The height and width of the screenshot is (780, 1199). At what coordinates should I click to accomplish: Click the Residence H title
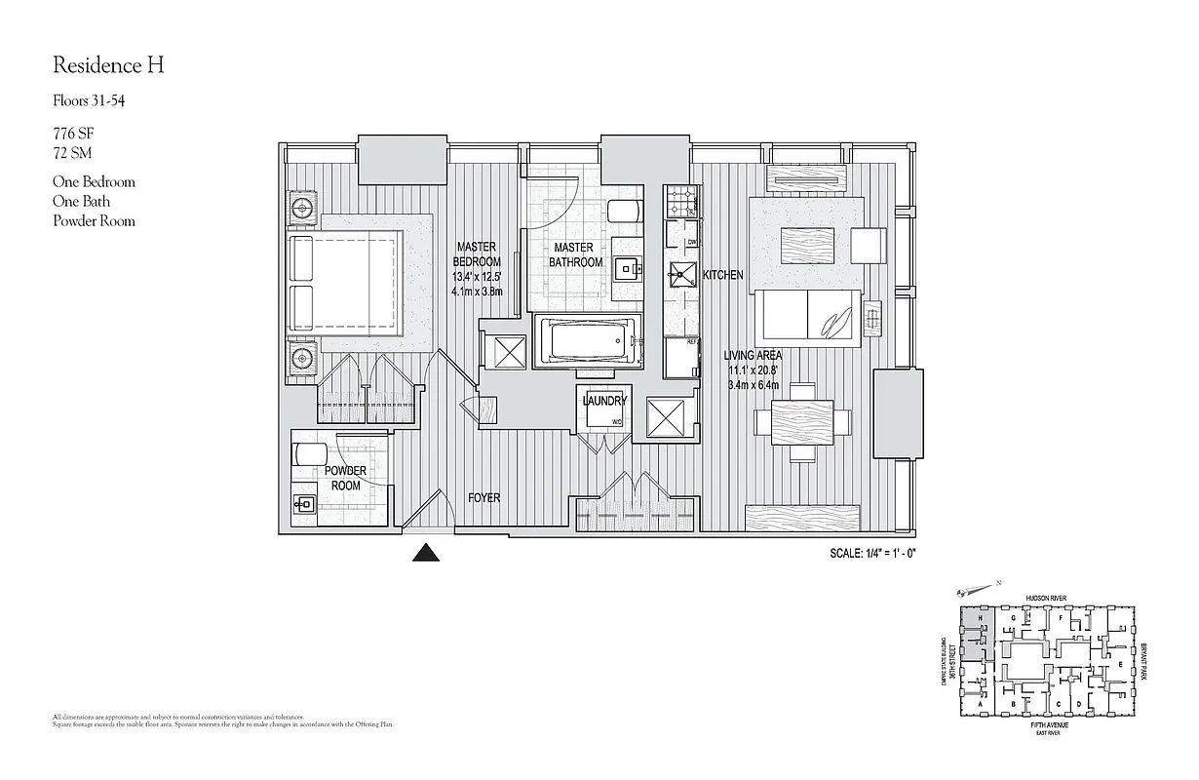click(x=108, y=66)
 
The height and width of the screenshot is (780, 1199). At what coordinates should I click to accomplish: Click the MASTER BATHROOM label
click(x=576, y=255)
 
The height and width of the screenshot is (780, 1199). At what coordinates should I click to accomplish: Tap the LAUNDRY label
click(x=604, y=401)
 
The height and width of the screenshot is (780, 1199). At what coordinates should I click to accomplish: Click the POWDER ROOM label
click(x=346, y=478)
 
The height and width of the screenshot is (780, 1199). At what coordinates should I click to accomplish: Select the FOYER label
click(x=483, y=498)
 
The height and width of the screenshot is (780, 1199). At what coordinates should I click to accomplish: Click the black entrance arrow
click(x=424, y=553)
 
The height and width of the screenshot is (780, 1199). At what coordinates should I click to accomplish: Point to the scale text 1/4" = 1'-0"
click(x=871, y=553)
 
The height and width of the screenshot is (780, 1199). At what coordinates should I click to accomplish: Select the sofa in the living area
click(x=808, y=318)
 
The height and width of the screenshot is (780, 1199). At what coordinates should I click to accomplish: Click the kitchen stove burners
click(x=678, y=204)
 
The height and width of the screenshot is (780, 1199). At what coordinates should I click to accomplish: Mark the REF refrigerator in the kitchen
click(x=682, y=356)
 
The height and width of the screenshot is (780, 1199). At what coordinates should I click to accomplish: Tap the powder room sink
click(x=303, y=504)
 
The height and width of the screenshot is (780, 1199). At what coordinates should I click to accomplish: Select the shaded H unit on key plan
click(x=974, y=620)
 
